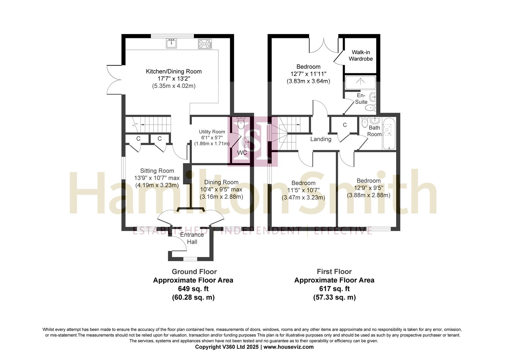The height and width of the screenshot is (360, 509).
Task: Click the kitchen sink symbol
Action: [172, 43]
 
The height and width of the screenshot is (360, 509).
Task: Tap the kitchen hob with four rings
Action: [205, 44]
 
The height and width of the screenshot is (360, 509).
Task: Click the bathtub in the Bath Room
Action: [388, 134]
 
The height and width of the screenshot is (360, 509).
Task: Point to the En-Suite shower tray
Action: [360, 82]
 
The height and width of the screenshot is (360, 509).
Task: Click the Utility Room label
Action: [212, 132]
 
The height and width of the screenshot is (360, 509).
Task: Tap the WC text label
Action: [242, 153]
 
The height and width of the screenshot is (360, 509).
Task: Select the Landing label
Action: [320, 139]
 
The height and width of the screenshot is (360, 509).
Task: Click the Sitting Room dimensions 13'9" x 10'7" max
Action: [157, 178]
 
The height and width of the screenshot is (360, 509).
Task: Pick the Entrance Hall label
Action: [192, 238]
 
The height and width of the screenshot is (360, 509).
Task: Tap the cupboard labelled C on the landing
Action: [345, 125]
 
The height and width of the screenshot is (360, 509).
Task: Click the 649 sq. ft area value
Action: [193, 289]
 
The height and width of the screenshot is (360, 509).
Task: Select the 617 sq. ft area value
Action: [334, 289]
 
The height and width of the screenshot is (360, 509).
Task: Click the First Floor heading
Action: [334, 271]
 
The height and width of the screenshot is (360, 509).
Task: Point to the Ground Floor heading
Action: [194, 271]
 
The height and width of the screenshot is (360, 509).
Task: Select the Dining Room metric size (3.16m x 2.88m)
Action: [221, 197]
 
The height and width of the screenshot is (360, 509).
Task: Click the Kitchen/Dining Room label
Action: [174, 71]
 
